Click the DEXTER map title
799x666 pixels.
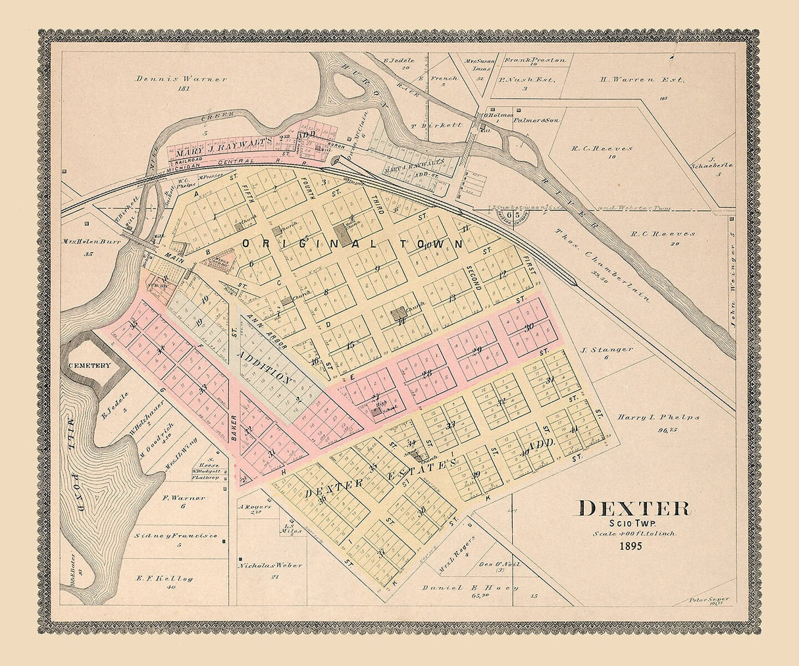click(x=634, y=508)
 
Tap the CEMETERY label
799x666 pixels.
click(x=92, y=365)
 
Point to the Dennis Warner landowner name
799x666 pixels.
click(x=182, y=79)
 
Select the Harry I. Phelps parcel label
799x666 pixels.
click(x=658, y=417)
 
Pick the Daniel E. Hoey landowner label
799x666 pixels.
click(x=470, y=587)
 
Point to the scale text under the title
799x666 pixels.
click(x=634, y=534)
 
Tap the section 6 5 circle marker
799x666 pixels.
click(x=517, y=214)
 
